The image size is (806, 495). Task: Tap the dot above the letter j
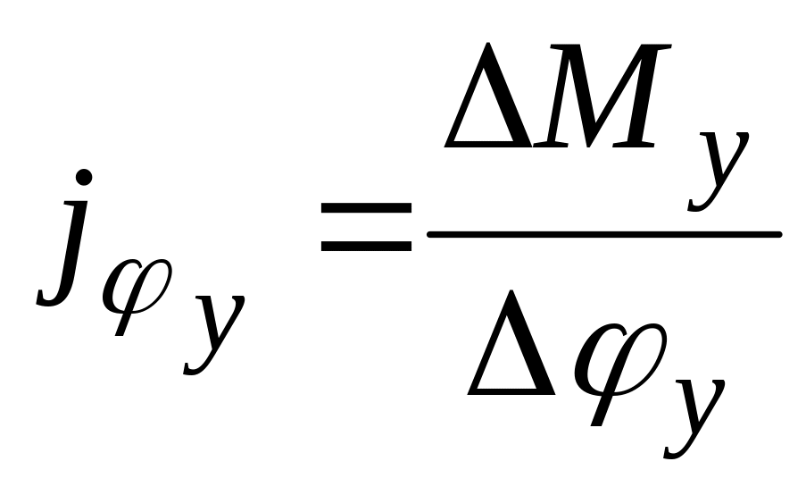click(x=83, y=177)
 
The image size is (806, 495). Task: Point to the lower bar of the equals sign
click(x=366, y=243)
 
